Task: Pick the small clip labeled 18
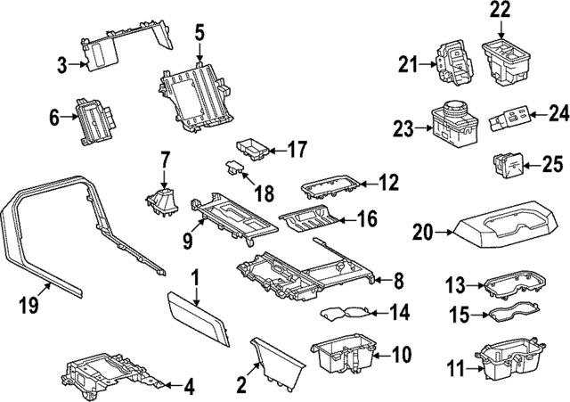coord(235,168)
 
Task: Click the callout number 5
coord(199,33)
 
